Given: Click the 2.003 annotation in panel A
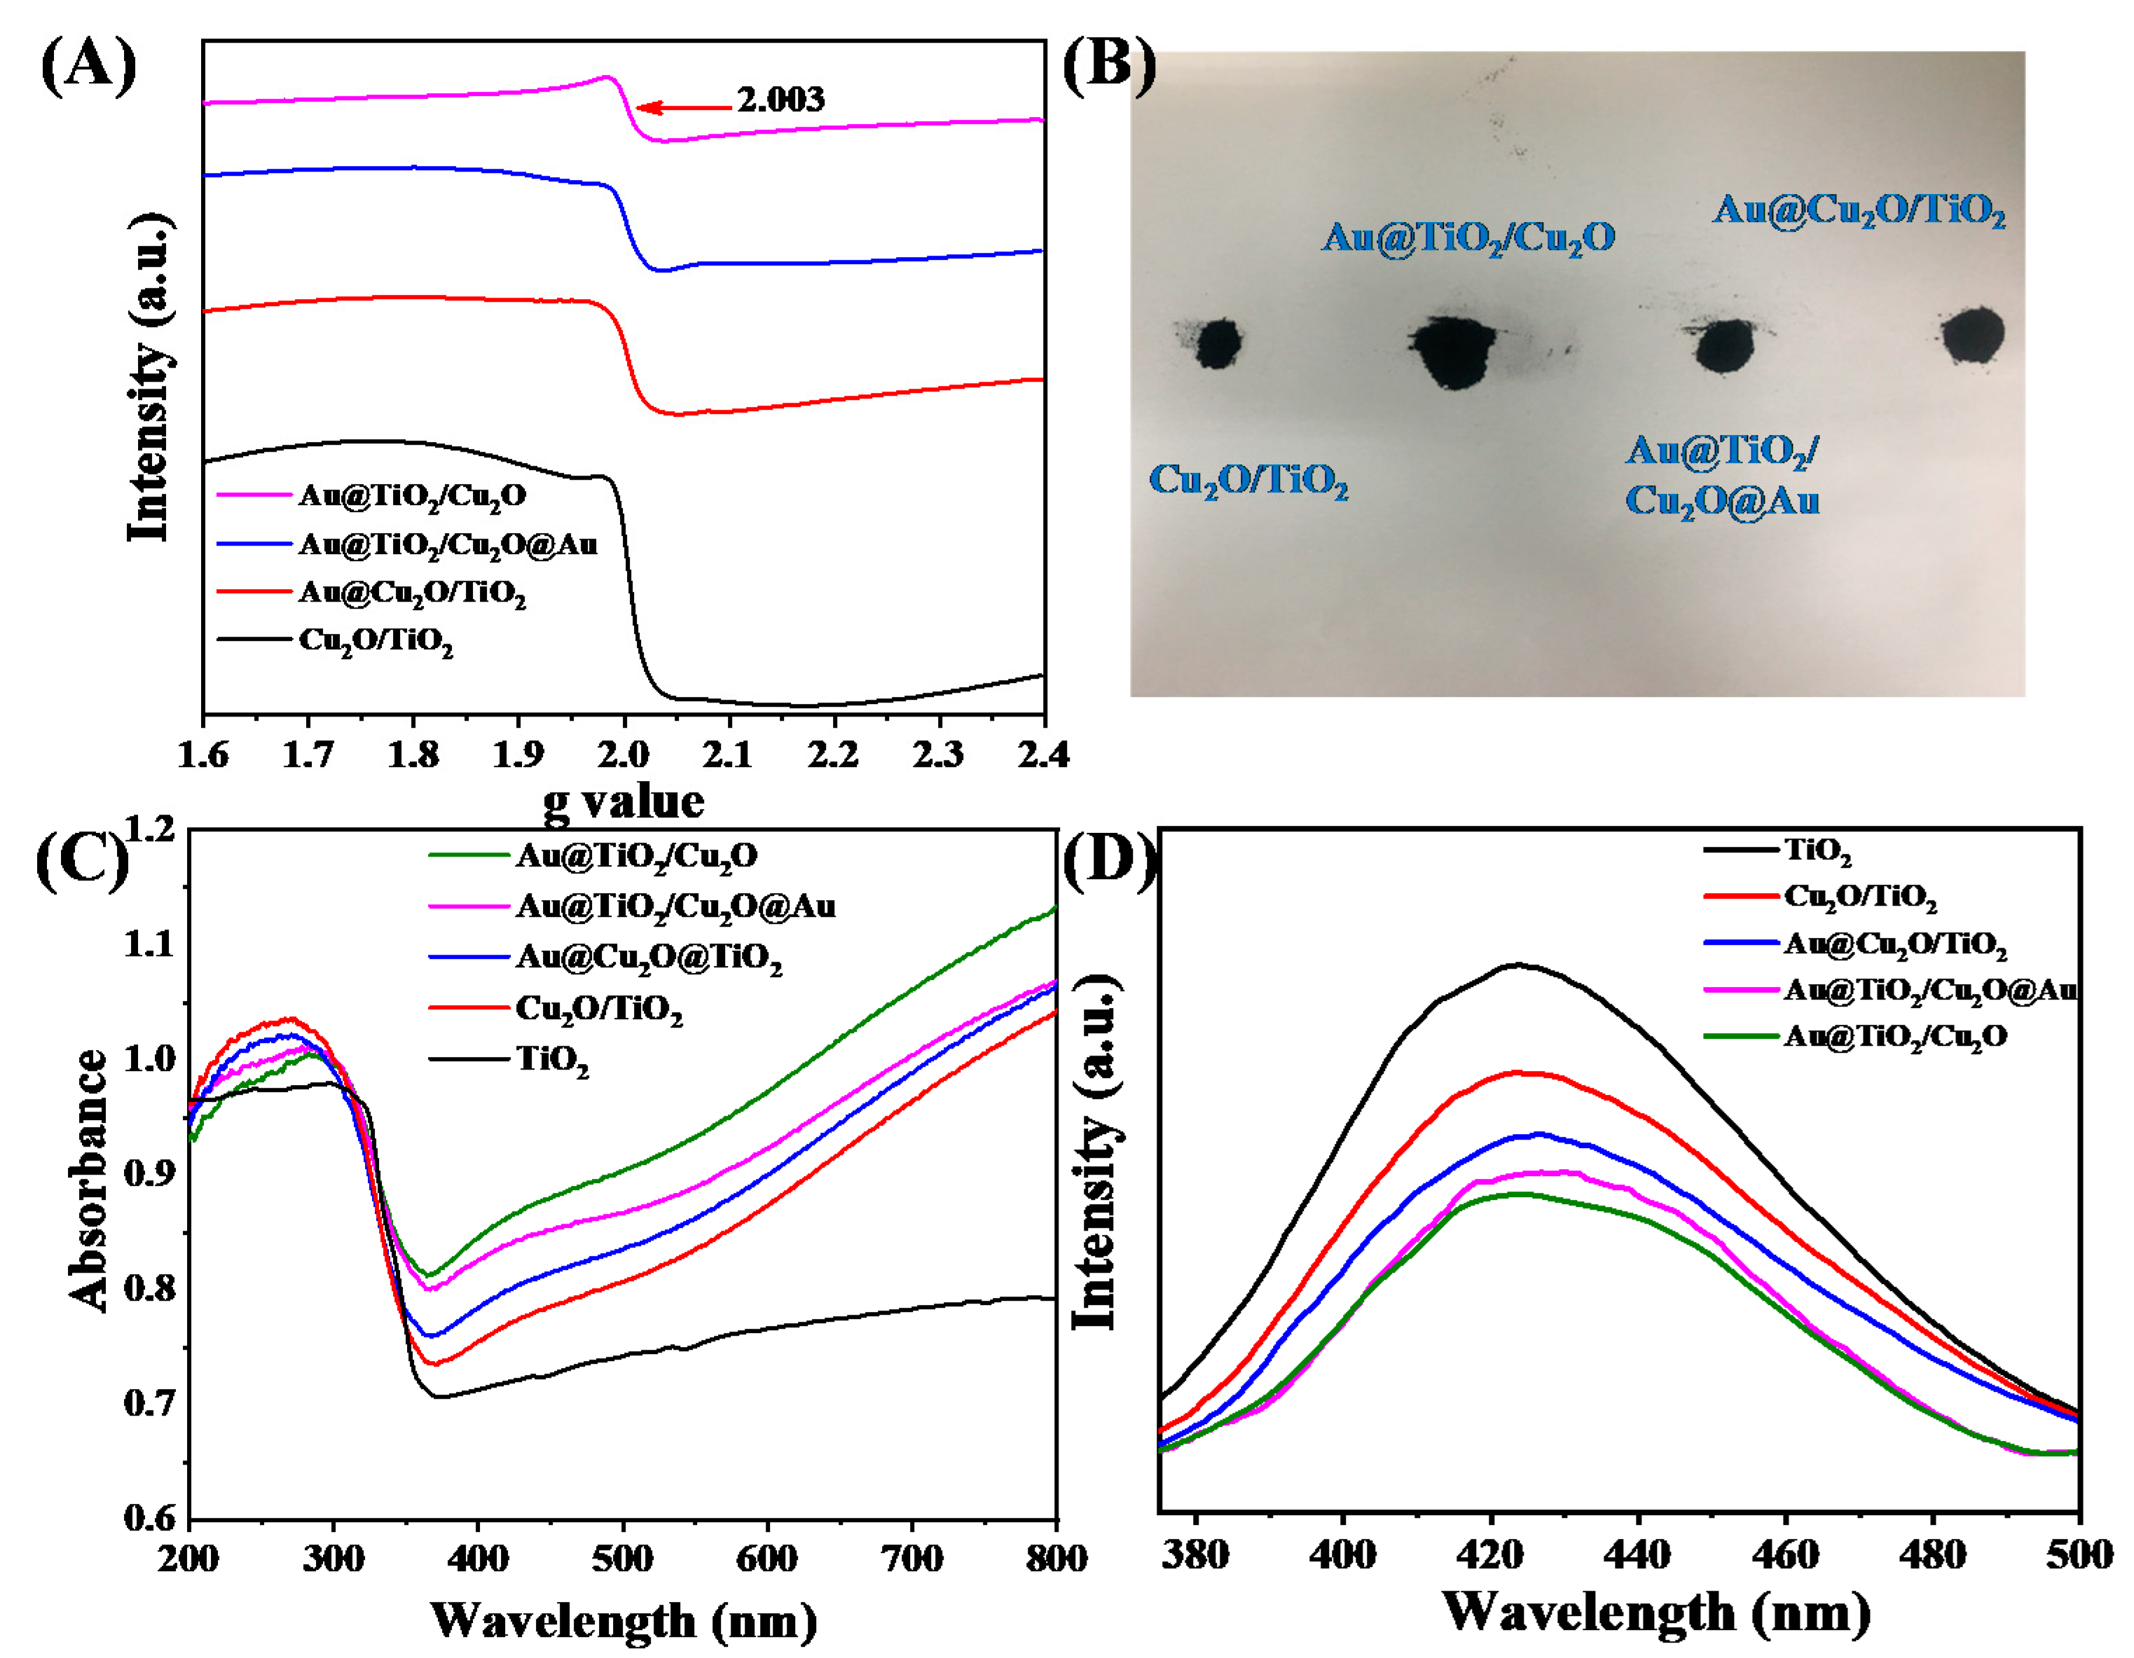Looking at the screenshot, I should tap(780, 99).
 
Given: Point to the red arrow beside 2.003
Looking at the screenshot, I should tap(683, 107).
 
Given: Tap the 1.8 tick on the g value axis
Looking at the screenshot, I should tap(413, 755).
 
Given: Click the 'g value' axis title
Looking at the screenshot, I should tap(624, 802).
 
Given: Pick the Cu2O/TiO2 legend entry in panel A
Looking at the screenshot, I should tap(376, 642).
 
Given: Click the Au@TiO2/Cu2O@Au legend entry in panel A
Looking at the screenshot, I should tap(448, 544).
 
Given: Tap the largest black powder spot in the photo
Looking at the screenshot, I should tap(1455, 350).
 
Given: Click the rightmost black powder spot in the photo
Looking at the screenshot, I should tap(1971, 335).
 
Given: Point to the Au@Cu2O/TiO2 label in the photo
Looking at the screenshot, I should tap(1859, 211).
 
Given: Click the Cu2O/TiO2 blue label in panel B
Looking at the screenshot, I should tap(1248, 481).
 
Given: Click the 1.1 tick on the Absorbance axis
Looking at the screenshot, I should tap(149, 944).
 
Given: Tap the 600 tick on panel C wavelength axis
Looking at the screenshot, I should tap(767, 1557).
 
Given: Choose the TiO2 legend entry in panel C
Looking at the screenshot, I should tap(552, 1060).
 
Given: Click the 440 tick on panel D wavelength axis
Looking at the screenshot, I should tap(1639, 1554).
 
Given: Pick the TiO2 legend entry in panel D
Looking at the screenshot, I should tap(1817, 850).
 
